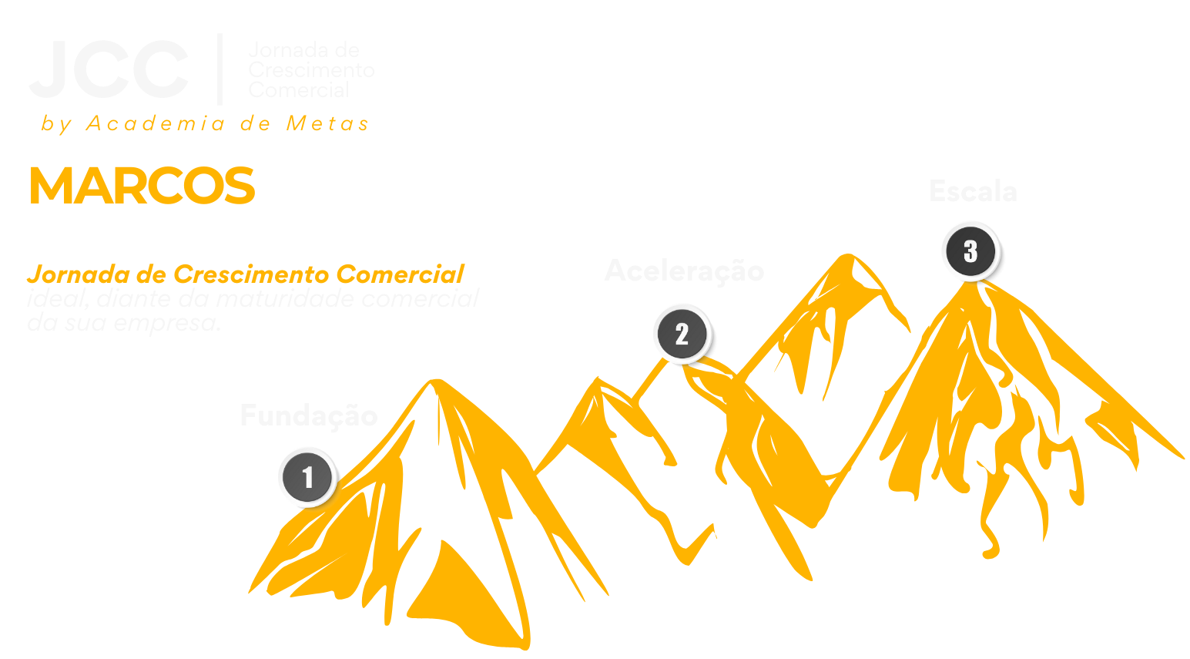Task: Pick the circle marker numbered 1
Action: (307, 478)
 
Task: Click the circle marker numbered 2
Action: (682, 335)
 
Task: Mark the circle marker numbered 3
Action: (970, 251)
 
